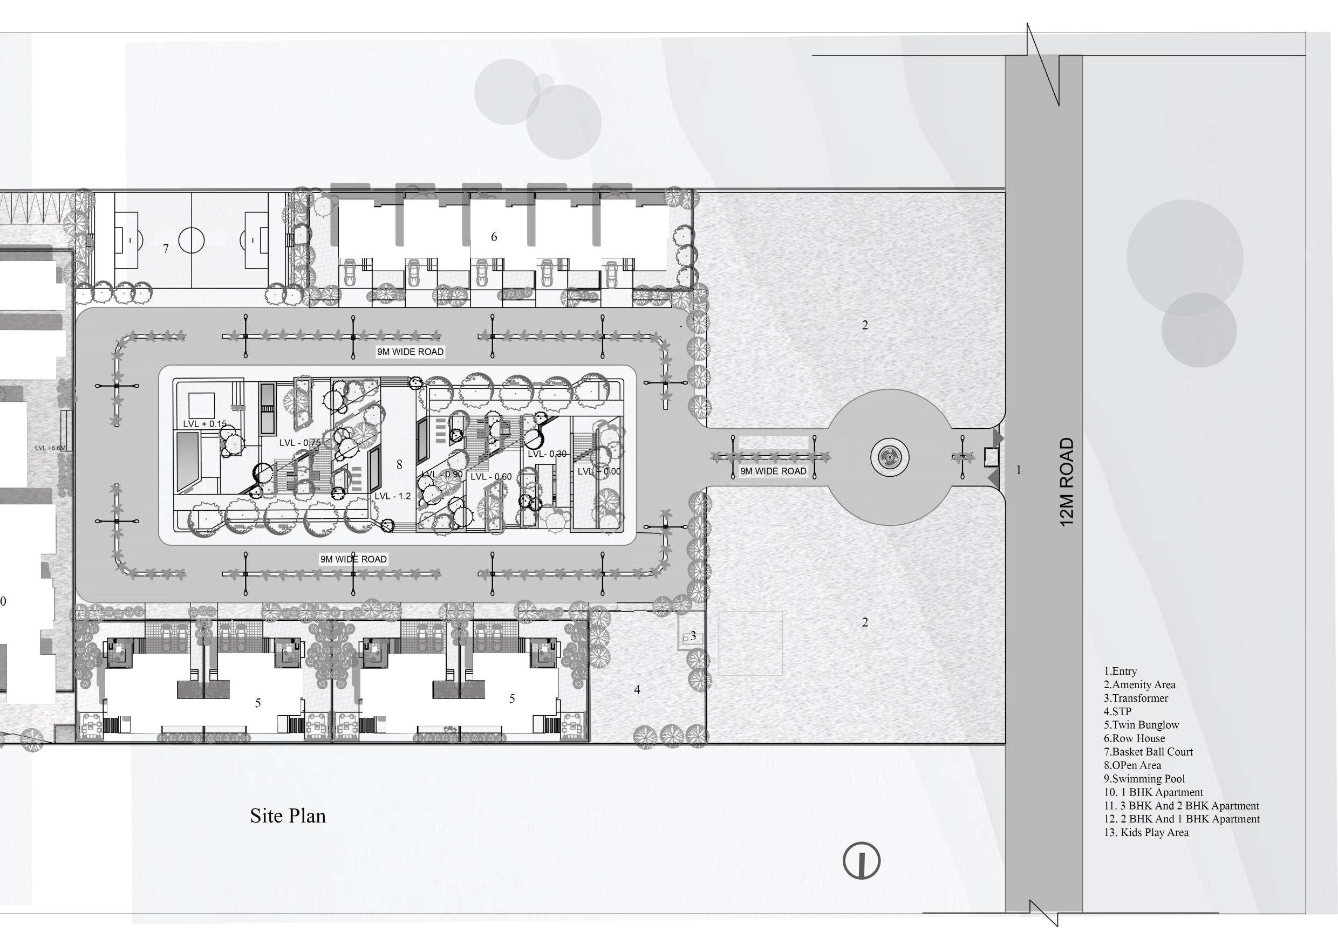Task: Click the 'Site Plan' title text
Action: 288,816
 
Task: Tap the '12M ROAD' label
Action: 1066,482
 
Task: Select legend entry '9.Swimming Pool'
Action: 1144,779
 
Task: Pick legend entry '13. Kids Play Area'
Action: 1146,832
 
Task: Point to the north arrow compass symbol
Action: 861,861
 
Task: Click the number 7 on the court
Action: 166,249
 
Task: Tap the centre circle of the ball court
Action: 191,240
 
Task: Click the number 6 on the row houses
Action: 494,237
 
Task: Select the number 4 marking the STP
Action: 637,690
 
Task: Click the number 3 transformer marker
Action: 693,635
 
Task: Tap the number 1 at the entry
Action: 1019,470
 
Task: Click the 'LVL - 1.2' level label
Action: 392,496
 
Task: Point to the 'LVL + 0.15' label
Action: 204,423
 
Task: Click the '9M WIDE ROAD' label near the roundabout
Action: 773,471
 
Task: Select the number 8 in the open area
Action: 399,465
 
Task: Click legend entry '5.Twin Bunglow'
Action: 1141,725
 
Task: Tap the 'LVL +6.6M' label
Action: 51,448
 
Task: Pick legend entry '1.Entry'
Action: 1120,671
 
